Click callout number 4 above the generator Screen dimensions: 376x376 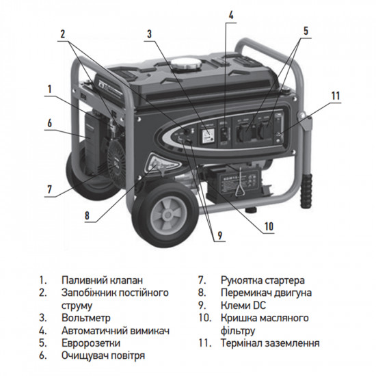click(x=231, y=14)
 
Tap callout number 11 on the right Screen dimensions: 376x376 click(x=335, y=95)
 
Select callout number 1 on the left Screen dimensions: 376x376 click(x=49, y=89)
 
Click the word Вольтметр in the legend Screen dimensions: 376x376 click(x=85, y=318)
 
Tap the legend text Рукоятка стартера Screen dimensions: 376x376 click(x=262, y=280)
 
